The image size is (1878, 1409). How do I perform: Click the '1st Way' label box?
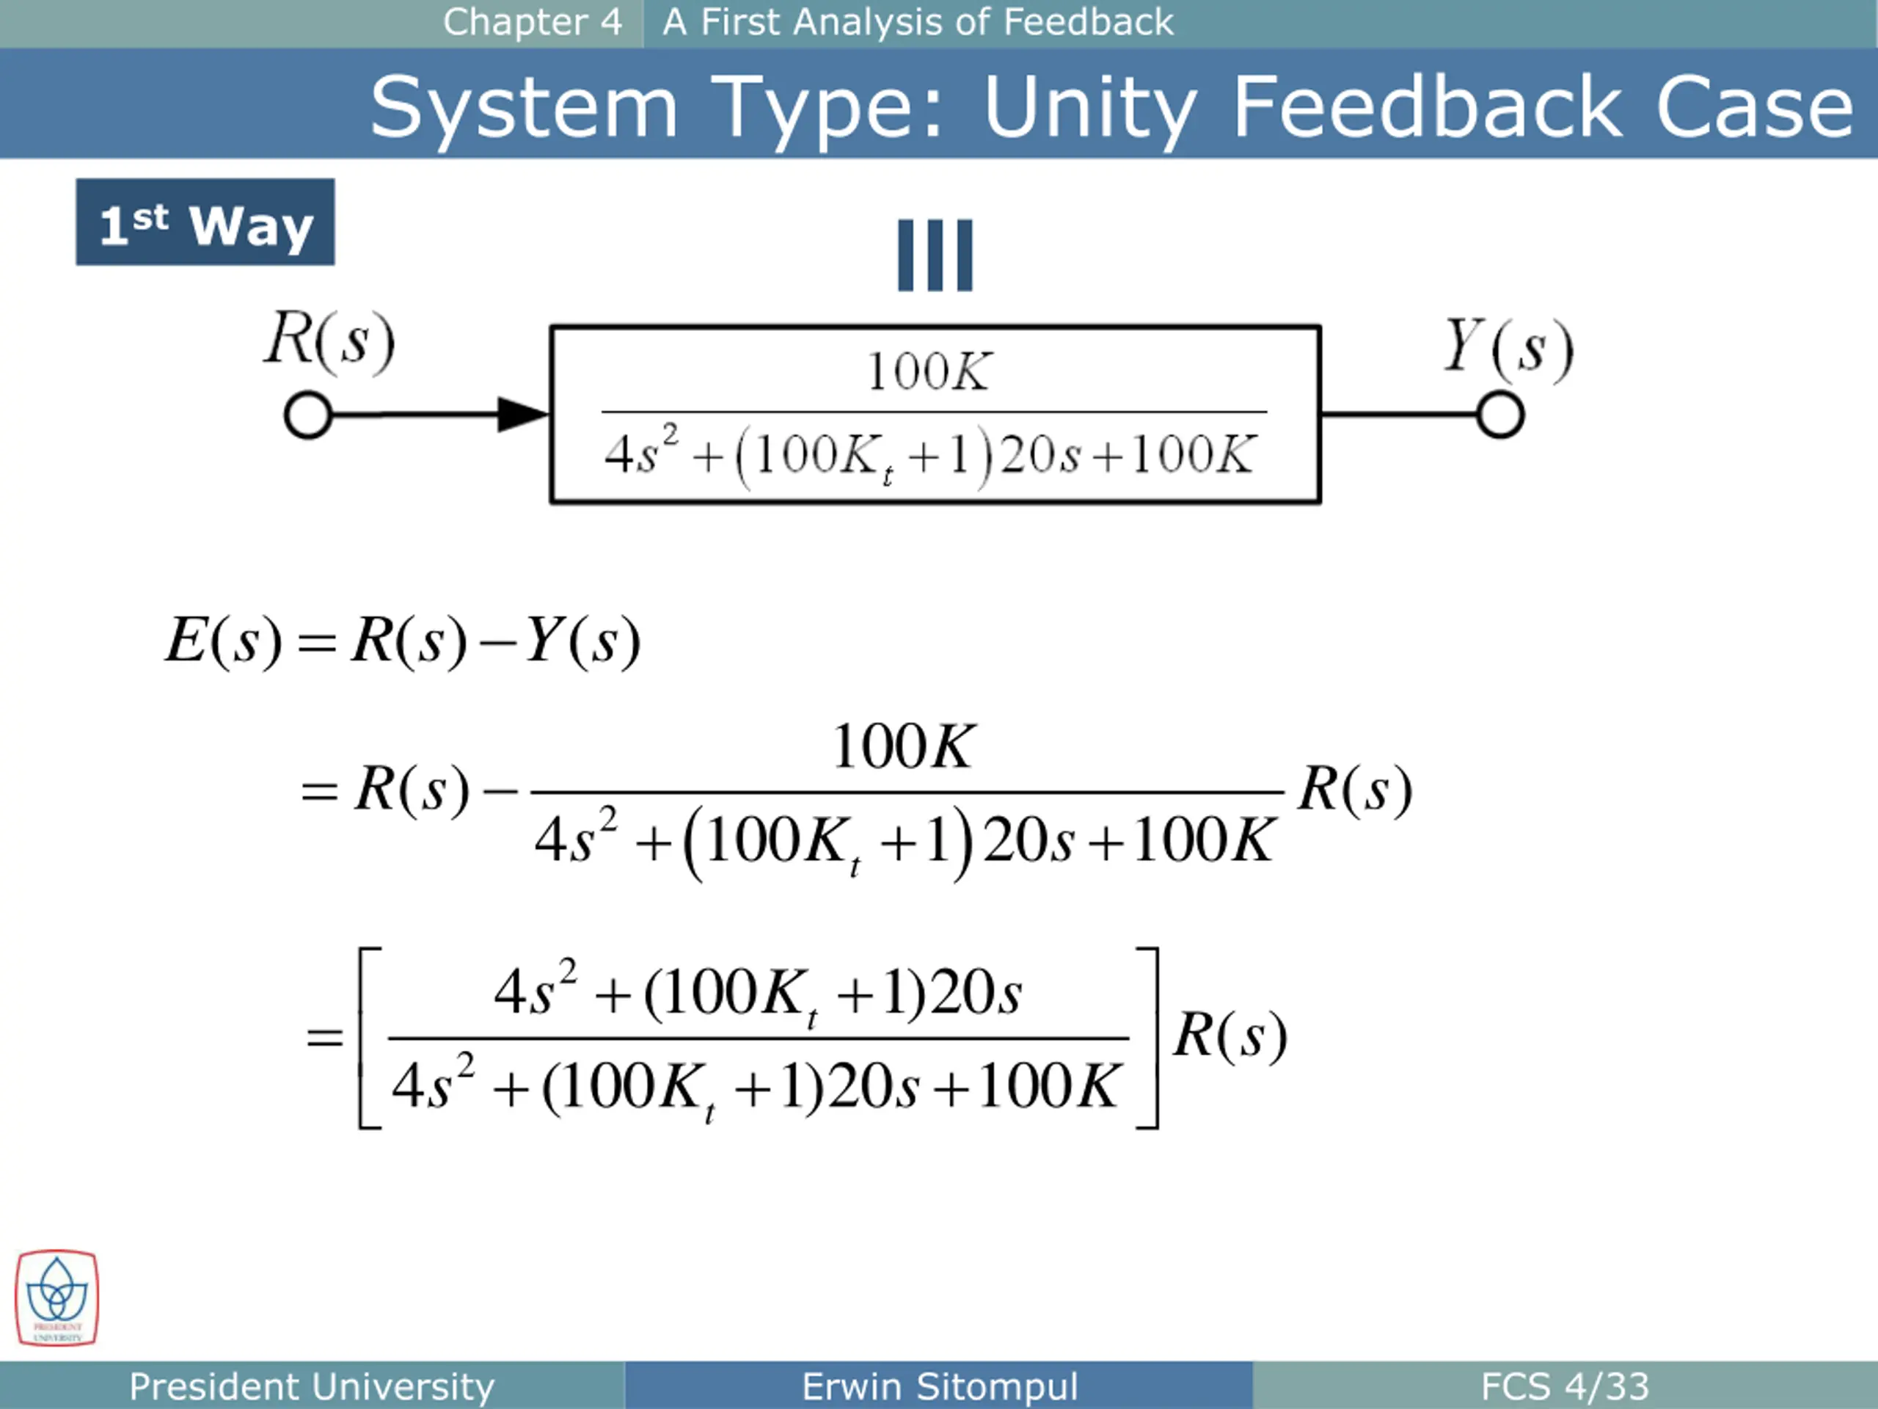[205, 222]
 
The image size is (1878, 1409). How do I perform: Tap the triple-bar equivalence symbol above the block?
[935, 255]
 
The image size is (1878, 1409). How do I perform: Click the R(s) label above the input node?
[329, 341]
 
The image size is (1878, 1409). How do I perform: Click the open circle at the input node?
[307, 415]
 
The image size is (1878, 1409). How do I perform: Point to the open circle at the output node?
[1500, 415]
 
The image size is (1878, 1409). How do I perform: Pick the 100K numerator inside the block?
[928, 372]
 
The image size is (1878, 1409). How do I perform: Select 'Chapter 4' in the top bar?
[533, 22]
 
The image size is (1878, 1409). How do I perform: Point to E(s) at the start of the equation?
[222, 641]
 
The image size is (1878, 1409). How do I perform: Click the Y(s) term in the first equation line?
[582, 641]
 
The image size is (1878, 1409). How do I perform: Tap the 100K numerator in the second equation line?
[903, 747]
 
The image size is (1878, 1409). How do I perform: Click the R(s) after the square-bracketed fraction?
[1230, 1035]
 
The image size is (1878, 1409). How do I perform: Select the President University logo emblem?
[57, 1297]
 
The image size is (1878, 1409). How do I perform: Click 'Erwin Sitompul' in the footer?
[939, 1386]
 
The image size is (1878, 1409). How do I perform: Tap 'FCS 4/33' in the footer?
[1564, 1386]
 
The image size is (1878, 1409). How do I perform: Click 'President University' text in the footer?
[312, 1386]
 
